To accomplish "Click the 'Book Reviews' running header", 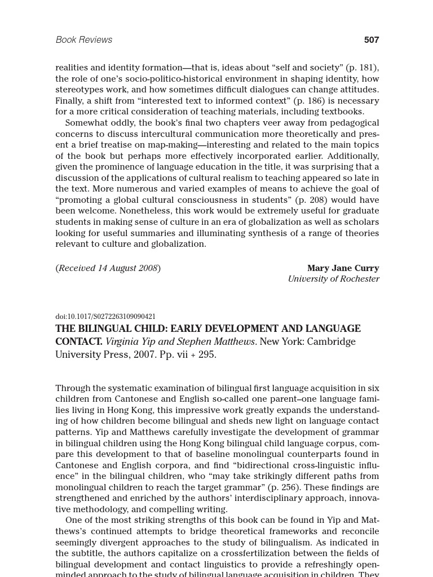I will point(83,40).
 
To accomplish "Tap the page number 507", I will point(371,40).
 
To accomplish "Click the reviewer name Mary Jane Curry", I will point(343,268).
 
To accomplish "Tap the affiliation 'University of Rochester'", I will point(333,279).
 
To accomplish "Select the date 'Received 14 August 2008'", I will point(108,268).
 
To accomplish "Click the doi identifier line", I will point(105,317).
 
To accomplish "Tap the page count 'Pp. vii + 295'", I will point(188,355).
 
